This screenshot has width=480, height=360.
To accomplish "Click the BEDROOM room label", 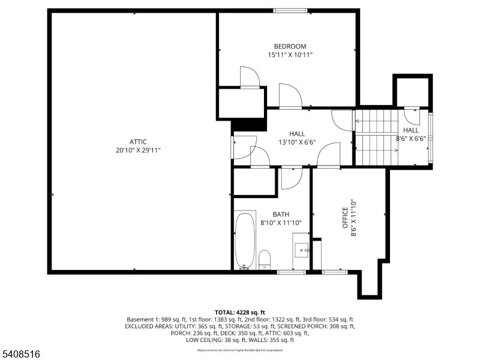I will [290, 46].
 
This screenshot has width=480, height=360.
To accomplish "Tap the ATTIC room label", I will [138, 142].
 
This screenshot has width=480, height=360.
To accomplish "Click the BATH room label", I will [281, 214].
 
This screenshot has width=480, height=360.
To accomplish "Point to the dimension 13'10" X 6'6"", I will [297, 142].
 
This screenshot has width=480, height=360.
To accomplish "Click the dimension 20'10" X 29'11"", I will [138, 150].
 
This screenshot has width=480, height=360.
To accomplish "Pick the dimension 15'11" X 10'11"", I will [290, 55].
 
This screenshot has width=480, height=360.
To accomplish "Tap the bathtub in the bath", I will [245, 241].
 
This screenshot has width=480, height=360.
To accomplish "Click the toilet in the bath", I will [265, 259].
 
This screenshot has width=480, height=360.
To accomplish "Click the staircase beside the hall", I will [376, 136].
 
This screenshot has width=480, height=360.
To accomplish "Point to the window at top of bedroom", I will [290, 10].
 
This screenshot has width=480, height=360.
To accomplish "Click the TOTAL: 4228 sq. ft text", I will [240, 312].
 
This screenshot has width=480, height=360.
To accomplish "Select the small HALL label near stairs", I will [411, 130].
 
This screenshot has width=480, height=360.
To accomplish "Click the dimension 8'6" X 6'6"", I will [411, 139].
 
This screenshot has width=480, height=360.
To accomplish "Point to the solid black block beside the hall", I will [249, 125].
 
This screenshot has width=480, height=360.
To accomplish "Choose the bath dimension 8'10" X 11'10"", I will [281, 223].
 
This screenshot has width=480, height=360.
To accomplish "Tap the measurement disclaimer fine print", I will [240, 350].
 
